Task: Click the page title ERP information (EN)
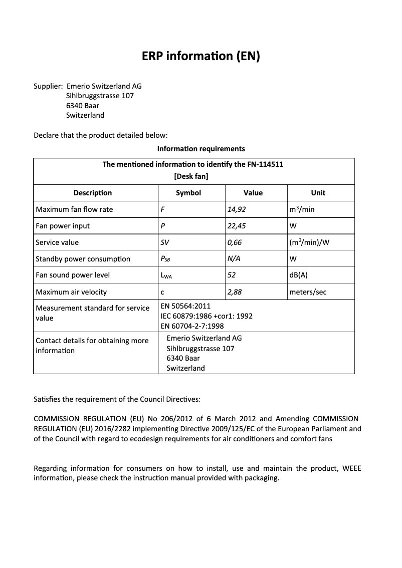201,57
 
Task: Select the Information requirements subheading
201,149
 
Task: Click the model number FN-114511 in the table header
266,164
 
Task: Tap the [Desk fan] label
191,176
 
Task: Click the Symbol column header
188,193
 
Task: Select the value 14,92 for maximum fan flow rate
237,209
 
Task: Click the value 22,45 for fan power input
237,226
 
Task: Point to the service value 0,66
235,242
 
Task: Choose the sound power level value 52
232,275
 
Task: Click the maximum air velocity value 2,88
235,292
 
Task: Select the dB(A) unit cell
299,275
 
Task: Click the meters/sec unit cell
308,292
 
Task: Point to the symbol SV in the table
164,242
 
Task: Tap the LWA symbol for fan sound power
166,275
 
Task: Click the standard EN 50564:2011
185,306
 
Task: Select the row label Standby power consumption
83,259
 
